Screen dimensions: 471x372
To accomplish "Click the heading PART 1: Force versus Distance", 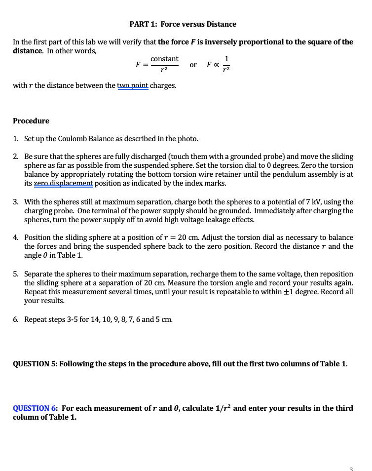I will click(183, 24).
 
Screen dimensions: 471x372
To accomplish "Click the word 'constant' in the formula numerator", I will click(164, 59).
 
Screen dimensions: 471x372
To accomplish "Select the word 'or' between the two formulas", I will click(193, 65).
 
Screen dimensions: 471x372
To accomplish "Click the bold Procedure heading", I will click(31, 121).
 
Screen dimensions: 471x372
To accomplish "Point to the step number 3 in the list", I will click(15, 202).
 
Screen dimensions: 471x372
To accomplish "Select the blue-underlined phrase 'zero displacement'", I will click(63, 184).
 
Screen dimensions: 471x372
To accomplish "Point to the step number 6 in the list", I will click(15, 319).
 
